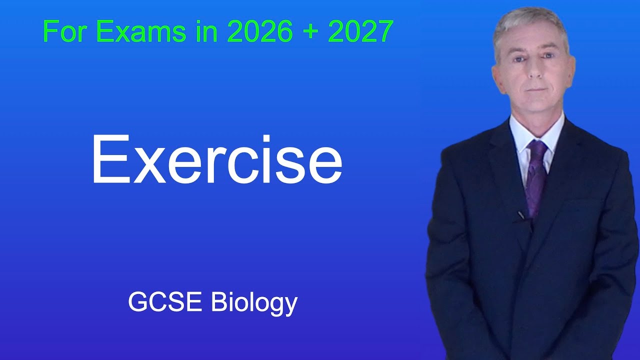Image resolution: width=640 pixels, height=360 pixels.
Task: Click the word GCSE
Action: (x=166, y=302)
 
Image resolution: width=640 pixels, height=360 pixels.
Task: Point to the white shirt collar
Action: (x=520, y=132)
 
